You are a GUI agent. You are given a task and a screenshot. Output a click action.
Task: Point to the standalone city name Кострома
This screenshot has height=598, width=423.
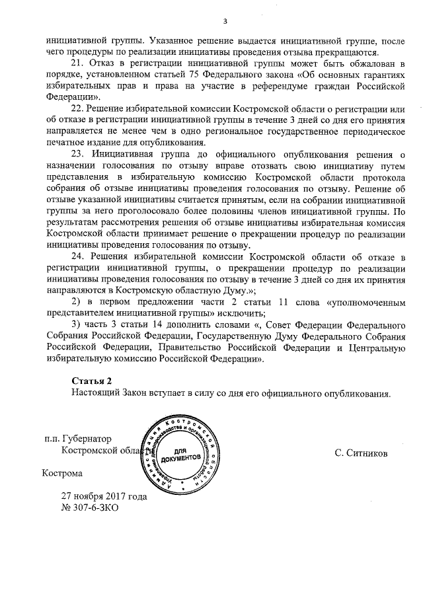(62, 473)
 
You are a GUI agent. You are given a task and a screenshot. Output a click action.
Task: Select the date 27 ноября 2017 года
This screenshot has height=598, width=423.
(104, 496)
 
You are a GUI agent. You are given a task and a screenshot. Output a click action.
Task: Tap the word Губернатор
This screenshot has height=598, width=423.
(89, 439)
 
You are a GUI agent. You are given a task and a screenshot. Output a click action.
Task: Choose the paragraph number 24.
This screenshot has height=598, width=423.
(77, 256)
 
